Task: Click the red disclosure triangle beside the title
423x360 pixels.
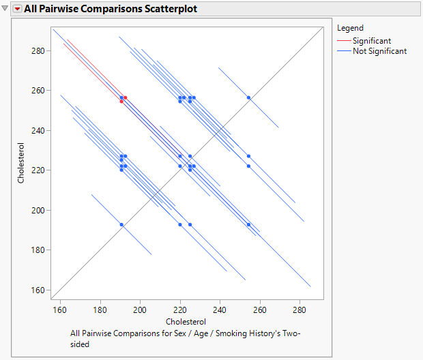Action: pos(18,8)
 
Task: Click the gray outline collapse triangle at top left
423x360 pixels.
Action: pos(6,8)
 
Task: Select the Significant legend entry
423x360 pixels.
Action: pos(371,41)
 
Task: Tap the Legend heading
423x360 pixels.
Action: pos(350,29)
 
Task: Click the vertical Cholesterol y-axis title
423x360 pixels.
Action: pos(22,164)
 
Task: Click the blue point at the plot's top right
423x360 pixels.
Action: pos(249,97)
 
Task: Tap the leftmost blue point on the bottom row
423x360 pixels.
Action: pos(121,224)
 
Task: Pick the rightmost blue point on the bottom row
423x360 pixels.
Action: pos(249,224)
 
